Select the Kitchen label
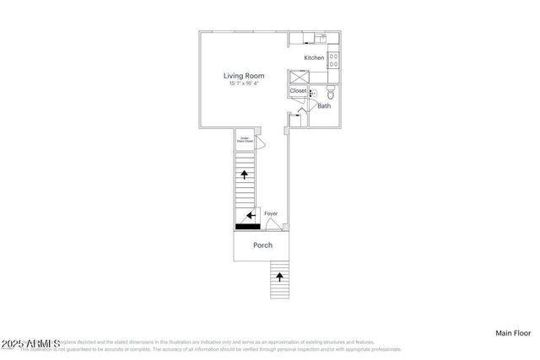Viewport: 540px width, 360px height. pyautogui.click(x=314, y=57)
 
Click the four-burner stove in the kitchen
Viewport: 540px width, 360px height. pyautogui.click(x=332, y=59)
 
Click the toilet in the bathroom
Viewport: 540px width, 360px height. pyautogui.click(x=331, y=93)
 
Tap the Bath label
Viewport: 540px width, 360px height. pyautogui.click(x=324, y=106)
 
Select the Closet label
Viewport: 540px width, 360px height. pyautogui.click(x=299, y=90)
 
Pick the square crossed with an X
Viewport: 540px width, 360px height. pyautogui.click(x=299, y=76)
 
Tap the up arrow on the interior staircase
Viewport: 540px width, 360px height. pyautogui.click(x=245, y=175)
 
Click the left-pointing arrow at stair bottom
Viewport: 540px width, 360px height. pyautogui.click(x=251, y=215)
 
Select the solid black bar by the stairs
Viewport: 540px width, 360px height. pyautogui.click(x=247, y=226)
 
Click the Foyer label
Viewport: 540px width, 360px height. pyautogui.click(x=271, y=213)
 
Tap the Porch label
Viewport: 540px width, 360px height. pyautogui.click(x=262, y=245)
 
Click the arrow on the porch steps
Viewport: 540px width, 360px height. pyautogui.click(x=280, y=276)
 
